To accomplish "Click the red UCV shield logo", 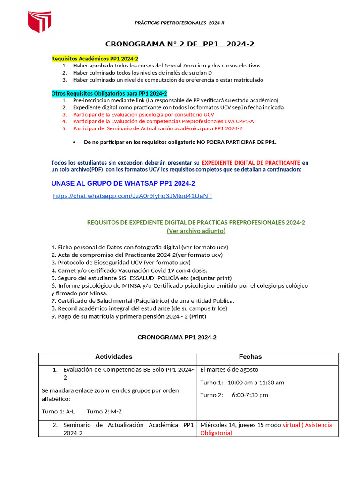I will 39,22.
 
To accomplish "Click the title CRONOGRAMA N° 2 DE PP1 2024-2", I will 180,44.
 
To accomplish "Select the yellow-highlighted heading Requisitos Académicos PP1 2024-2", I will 95,59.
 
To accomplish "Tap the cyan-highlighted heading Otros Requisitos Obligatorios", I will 109,93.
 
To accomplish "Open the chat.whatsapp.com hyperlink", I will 133,196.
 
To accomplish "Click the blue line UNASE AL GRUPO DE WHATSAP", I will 123,183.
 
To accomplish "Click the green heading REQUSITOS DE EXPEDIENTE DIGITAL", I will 196,222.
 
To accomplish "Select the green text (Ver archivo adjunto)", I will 196,231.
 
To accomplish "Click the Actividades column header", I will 114,357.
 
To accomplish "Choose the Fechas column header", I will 250,357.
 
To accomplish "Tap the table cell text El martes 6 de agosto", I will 229,369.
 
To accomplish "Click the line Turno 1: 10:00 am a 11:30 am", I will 242,382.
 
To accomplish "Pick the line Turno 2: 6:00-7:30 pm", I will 234,395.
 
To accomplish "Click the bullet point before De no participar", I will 75,142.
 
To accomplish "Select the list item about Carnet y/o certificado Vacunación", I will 129,270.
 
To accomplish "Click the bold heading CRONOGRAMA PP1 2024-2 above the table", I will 177,337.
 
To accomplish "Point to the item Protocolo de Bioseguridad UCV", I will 120,262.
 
